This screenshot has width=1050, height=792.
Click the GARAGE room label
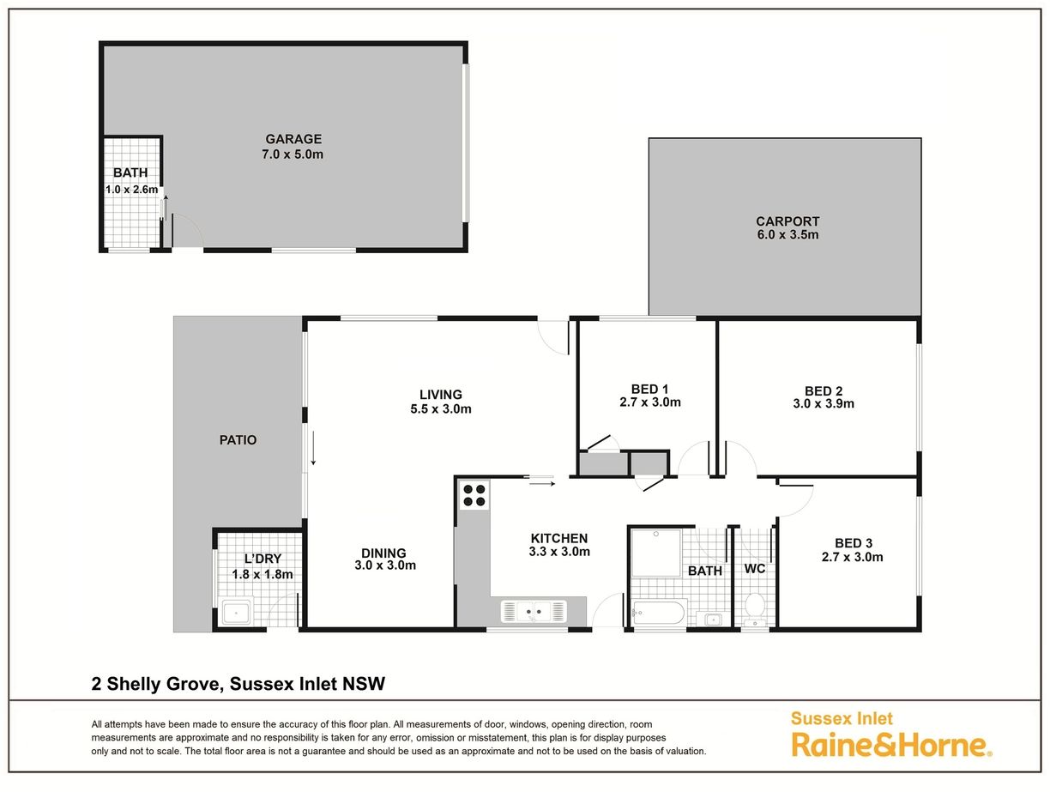point(293,139)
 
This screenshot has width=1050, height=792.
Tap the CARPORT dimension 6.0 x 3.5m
point(787,235)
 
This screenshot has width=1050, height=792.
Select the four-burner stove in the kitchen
point(474,495)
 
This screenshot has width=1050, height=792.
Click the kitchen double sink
point(534,611)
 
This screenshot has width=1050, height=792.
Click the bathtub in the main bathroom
point(658,613)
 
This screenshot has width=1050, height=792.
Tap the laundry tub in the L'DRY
point(236,613)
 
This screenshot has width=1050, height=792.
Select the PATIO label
point(238,440)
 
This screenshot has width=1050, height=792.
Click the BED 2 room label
point(824,390)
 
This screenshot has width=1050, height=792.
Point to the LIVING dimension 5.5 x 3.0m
point(441,409)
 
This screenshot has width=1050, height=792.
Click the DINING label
point(383,553)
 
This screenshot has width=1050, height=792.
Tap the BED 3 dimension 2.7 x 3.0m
point(853,557)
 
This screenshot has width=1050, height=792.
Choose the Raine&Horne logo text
point(891,746)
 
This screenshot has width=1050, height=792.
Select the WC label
point(755,569)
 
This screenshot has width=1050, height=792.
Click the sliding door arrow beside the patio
point(313,448)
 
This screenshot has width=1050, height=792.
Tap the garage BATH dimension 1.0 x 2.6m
point(131,190)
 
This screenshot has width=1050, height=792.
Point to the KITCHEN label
point(559,538)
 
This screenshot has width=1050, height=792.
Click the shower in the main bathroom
point(656,553)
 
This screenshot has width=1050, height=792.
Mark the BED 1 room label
point(649,389)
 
